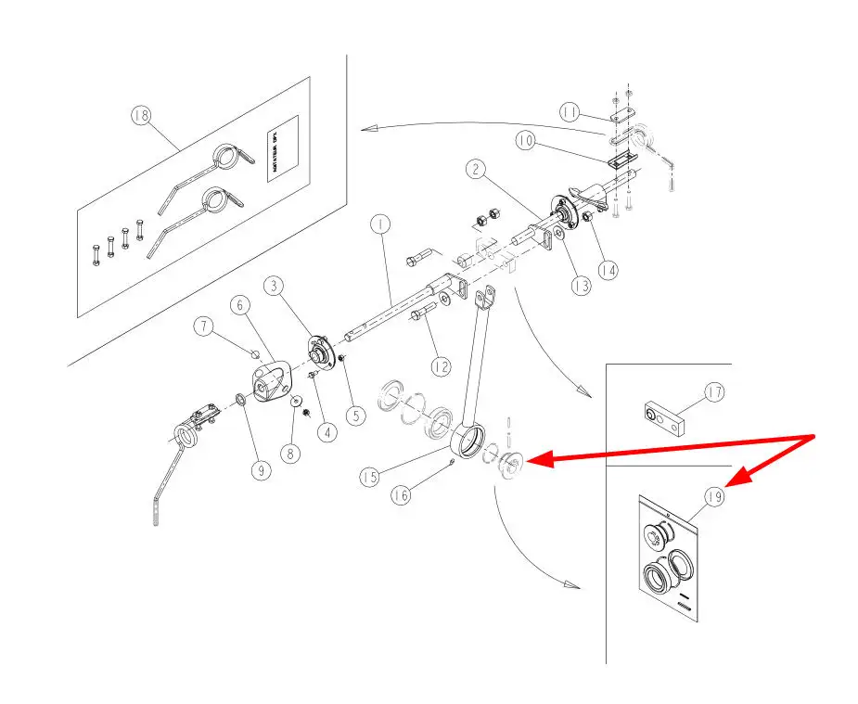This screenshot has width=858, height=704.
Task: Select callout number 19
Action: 714,497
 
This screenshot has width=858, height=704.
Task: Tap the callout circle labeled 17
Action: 714,392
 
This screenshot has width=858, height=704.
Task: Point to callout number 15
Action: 370,477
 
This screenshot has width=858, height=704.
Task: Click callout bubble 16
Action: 400,495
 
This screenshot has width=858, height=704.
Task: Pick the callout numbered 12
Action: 441,366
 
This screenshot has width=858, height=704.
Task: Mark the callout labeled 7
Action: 204,326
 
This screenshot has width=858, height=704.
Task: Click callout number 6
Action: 238,304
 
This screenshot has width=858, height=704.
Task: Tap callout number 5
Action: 356,416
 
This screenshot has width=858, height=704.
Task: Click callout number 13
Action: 581,287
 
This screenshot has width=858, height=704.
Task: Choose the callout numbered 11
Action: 570,112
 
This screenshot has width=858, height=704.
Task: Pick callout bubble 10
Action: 526,141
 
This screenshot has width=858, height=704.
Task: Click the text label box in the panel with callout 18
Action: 282,148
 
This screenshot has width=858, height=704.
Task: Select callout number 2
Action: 475,169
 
